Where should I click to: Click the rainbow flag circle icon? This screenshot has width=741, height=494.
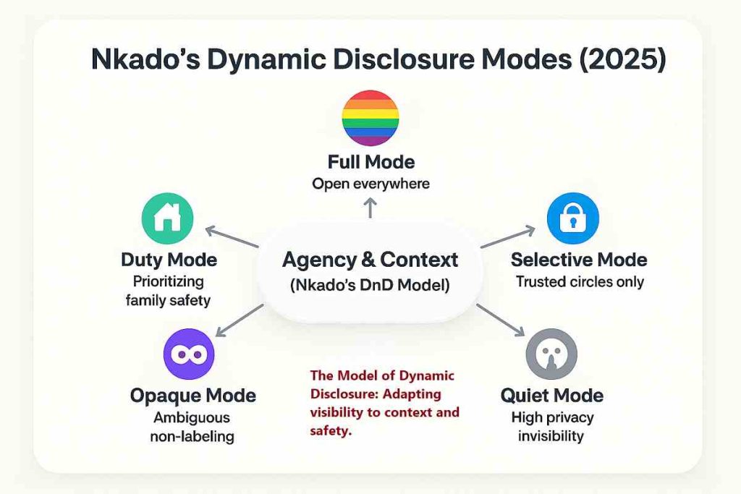point(370,119)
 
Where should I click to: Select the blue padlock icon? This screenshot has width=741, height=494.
point(574,218)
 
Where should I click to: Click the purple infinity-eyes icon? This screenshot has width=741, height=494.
point(189,354)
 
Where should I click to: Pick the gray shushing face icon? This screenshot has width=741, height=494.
point(551,354)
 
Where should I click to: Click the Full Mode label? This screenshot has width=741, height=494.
point(370,161)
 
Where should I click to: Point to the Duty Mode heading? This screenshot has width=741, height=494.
point(169,260)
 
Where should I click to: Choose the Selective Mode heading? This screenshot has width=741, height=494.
point(579,260)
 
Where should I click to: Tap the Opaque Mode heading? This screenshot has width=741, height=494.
point(192,396)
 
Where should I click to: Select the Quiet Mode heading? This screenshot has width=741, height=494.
point(551,396)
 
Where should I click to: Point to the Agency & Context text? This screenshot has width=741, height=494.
point(370,259)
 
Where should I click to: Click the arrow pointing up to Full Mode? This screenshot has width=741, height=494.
point(370,209)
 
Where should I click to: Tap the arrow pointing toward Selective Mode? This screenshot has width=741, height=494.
point(508,237)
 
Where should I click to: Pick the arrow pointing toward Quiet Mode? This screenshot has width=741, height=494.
point(501,319)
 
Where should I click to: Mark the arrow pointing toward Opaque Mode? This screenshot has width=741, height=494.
point(240,320)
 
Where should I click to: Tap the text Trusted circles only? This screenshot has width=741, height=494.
point(579,281)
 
